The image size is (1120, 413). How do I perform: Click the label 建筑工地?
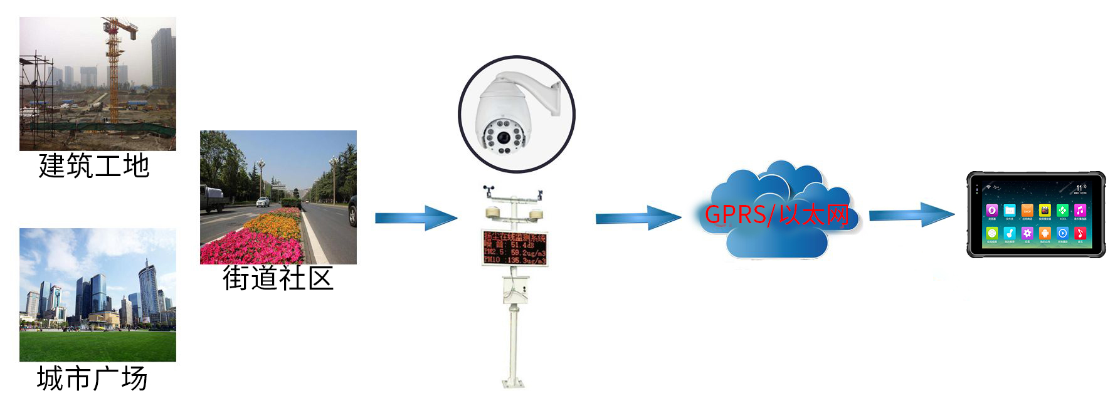(x=94, y=166)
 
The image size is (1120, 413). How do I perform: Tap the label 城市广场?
(x=92, y=379)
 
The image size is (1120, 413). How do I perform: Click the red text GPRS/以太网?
(x=776, y=215)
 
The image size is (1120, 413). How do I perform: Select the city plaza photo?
(x=97, y=295)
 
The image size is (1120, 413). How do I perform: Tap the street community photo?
(x=278, y=197)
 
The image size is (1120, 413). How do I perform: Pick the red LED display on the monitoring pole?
(x=514, y=247)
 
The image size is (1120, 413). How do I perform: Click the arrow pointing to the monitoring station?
(x=416, y=217)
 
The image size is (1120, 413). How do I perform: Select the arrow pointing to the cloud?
(x=637, y=217)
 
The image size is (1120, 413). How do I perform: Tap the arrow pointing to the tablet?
(x=911, y=215)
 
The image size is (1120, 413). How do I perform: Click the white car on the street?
(x=263, y=202)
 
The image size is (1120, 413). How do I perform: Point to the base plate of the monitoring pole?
(x=514, y=382)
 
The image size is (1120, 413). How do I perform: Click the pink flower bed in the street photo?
(x=251, y=249)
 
